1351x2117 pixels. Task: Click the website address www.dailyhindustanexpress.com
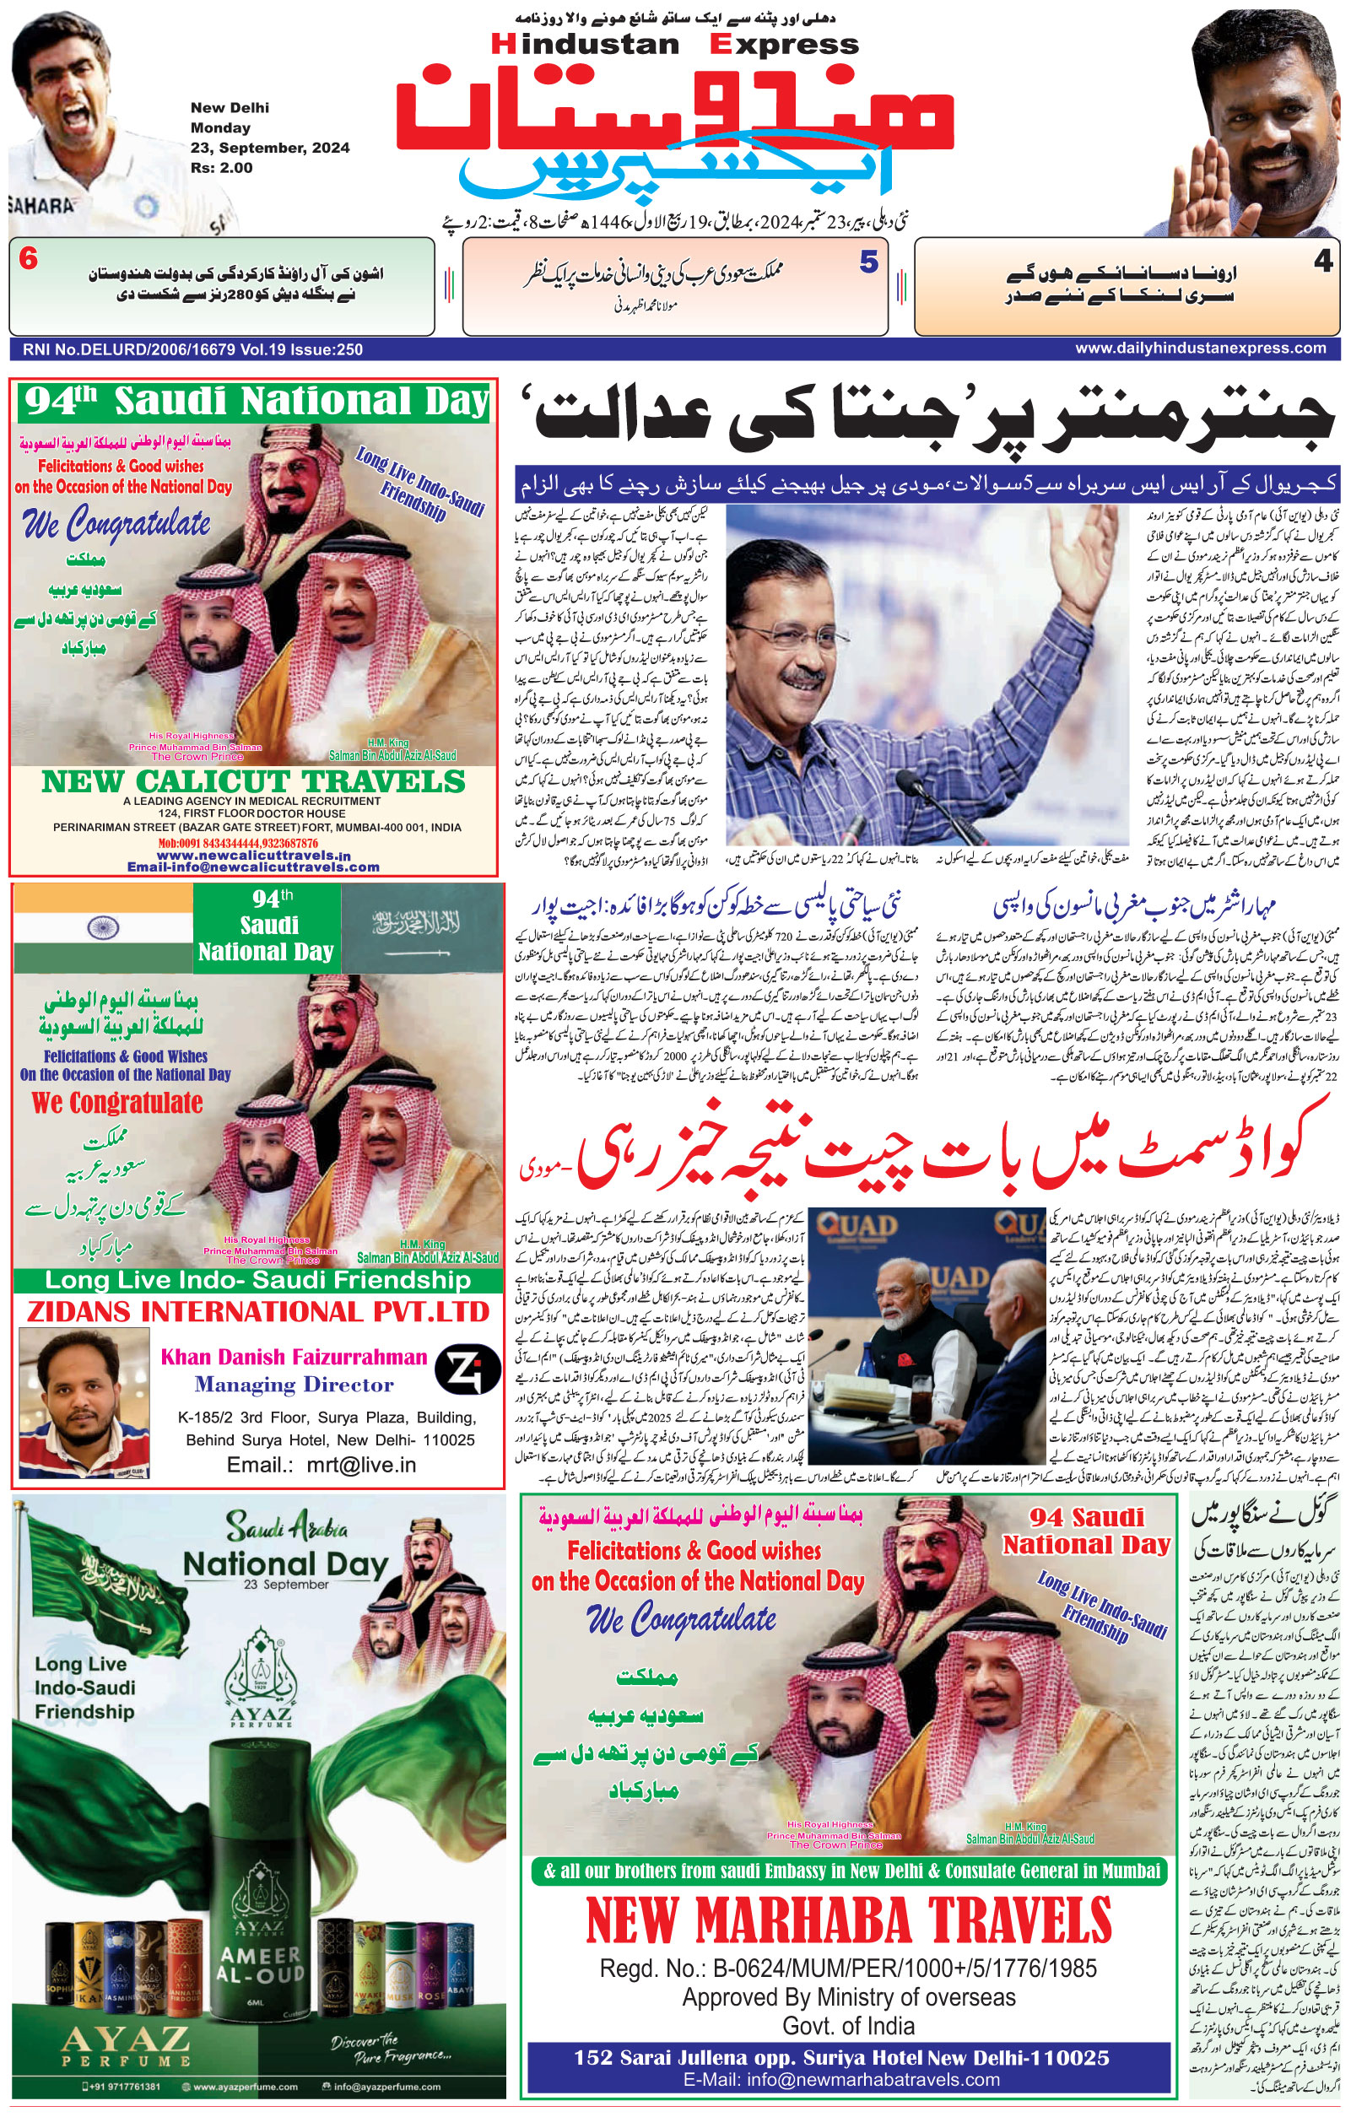(1200, 348)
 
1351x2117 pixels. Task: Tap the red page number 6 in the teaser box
(28, 260)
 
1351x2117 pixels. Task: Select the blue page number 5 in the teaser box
(868, 262)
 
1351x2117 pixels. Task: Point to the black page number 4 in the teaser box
(1323, 261)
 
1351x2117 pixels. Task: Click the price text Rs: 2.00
(221, 168)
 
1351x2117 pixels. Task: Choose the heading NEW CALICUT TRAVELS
(253, 781)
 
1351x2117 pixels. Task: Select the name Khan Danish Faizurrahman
(294, 1357)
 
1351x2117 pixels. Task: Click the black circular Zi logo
(467, 1369)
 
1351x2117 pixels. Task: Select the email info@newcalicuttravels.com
(253, 867)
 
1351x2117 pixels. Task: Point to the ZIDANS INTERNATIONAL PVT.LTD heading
(257, 1312)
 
